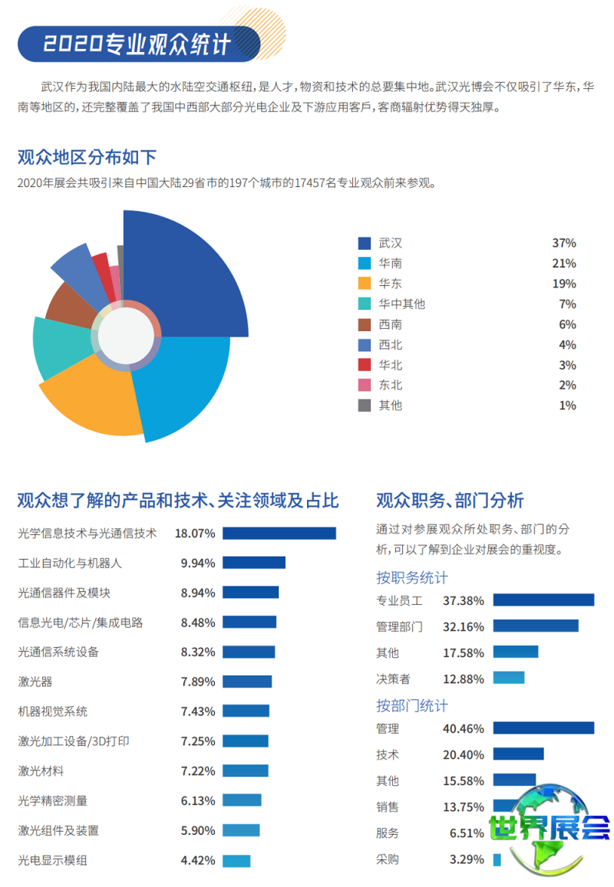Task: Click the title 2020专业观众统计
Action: click(137, 44)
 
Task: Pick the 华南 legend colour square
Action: click(365, 263)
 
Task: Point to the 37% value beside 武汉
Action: click(563, 243)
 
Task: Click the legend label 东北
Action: click(390, 385)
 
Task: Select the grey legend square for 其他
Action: click(365, 405)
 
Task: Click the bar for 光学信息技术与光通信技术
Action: click(279, 533)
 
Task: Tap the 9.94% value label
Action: click(198, 563)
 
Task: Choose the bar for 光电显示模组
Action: click(236, 860)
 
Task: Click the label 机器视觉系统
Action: click(53, 711)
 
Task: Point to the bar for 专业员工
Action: click(543, 600)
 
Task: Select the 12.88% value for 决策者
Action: click(464, 678)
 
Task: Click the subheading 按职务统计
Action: click(411, 577)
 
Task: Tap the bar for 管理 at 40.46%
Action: click(543, 728)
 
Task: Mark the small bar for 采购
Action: click(497, 859)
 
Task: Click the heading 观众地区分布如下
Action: click(87, 158)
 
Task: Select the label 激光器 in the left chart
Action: click(35, 682)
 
